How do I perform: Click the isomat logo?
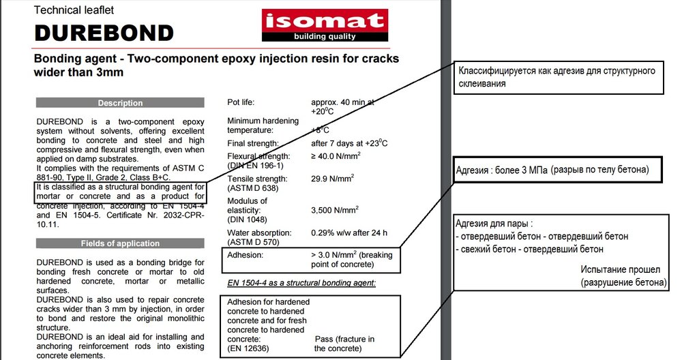coord(324,25)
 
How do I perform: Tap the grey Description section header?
coord(120,103)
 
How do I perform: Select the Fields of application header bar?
coord(120,243)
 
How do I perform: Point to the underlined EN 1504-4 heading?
coord(301,282)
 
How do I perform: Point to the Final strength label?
coord(253,143)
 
